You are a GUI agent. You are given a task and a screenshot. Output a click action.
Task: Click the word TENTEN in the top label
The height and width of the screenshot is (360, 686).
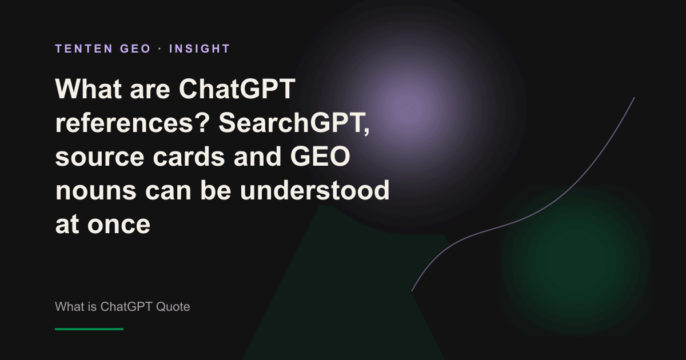(x=83, y=49)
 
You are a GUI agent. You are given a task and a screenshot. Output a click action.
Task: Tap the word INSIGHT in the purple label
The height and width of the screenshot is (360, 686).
(x=200, y=49)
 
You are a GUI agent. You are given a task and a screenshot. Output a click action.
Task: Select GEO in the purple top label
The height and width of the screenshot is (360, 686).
(x=135, y=49)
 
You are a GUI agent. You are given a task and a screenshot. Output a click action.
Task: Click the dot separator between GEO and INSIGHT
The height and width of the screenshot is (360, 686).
(x=160, y=49)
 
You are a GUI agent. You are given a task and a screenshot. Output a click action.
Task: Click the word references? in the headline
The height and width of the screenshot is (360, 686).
(x=132, y=123)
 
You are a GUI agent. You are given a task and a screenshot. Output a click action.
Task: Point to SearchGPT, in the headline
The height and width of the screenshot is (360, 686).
(x=294, y=123)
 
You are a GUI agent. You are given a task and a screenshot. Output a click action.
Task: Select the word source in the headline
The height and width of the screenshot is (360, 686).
(x=100, y=157)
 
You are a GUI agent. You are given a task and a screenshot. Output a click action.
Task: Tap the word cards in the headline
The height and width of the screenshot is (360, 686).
(x=189, y=156)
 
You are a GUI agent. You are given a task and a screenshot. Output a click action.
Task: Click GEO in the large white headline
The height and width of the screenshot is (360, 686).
(x=320, y=156)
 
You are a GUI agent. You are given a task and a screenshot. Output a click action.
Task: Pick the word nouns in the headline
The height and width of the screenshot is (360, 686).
(x=95, y=191)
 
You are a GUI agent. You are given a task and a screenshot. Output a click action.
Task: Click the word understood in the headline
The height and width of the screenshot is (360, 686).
(x=314, y=190)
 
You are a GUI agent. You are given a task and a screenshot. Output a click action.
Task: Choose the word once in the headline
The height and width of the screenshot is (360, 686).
(x=119, y=225)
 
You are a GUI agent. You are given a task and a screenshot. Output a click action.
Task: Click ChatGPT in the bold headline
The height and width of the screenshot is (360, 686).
(x=237, y=89)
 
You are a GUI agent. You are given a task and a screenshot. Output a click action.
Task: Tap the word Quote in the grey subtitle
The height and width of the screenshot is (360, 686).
(x=173, y=307)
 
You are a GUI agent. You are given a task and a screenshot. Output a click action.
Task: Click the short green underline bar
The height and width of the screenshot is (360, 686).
(x=89, y=329)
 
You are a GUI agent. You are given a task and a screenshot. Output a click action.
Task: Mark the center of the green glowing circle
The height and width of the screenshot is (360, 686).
(x=576, y=260)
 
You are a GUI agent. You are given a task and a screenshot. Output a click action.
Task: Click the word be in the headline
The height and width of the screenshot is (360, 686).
(x=216, y=190)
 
